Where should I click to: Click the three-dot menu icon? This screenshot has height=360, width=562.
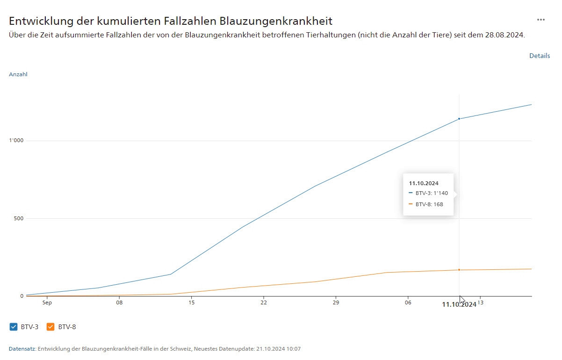click(541, 20)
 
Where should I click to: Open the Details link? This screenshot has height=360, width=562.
click(540, 56)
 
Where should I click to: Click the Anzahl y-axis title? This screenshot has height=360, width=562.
click(18, 74)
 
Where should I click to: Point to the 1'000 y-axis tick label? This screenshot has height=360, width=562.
click(16, 141)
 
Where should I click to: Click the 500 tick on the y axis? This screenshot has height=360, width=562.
click(18, 218)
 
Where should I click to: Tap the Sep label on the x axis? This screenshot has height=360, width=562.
click(47, 303)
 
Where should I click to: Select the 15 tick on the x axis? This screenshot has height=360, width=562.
click(191, 303)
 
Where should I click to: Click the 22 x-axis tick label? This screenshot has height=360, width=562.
click(264, 303)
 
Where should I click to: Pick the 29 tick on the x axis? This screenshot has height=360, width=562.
click(336, 303)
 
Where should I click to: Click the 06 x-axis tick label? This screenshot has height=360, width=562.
click(408, 303)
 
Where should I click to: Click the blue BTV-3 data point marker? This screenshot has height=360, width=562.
click(459, 119)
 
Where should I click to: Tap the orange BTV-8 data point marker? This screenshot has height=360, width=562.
click(459, 270)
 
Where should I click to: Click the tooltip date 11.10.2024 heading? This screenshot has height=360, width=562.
click(424, 183)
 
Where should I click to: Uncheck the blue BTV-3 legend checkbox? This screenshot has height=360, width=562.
click(13, 327)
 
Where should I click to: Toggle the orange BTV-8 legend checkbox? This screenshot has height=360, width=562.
click(50, 327)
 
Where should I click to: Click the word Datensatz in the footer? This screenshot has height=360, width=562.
click(22, 349)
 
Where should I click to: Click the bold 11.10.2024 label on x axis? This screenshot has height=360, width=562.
click(459, 304)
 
